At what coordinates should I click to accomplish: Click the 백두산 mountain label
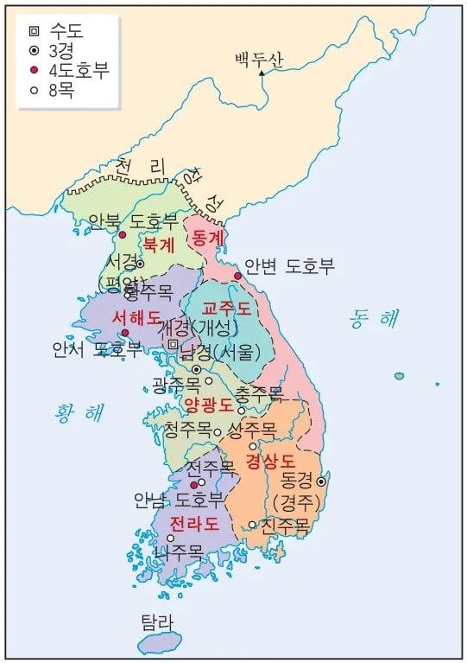[259, 59]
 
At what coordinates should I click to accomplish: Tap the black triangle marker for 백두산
[262, 73]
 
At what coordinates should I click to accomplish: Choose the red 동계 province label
[208, 236]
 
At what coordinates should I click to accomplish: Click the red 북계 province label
[159, 244]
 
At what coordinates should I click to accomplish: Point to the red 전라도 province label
[193, 523]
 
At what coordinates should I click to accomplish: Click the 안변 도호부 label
[289, 266]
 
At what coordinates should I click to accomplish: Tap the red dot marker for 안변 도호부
[237, 277]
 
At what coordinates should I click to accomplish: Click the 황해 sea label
[78, 412]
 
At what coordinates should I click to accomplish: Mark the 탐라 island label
[157, 622]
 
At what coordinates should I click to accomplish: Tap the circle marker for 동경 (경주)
[321, 481]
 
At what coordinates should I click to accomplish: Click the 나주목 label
[179, 551]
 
